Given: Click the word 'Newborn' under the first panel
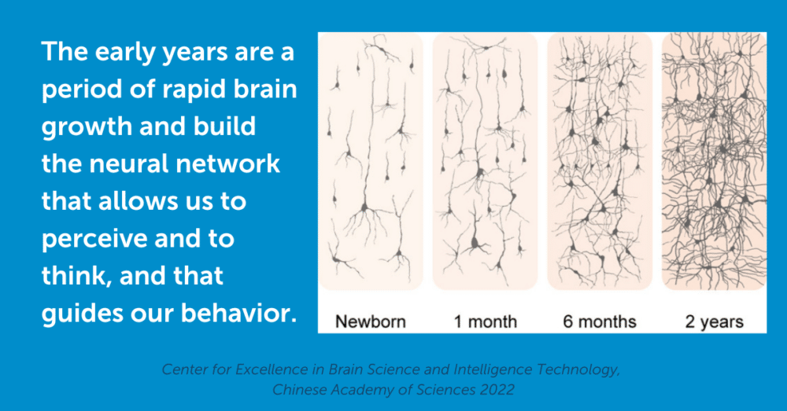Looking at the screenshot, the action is tap(371, 321).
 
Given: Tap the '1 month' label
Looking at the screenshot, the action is tap(486, 321).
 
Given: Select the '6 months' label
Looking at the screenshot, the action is tap(599, 321).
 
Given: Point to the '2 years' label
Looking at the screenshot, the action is tap(715, 321).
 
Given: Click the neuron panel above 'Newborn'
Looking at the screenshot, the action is tap(371, 161).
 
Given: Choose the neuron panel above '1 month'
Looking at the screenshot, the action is tap(486, 161).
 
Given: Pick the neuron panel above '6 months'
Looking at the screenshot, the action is tap(600, 161).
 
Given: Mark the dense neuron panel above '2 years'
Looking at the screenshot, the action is tap(715, 161).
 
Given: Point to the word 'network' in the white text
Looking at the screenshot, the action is tap(228, 164).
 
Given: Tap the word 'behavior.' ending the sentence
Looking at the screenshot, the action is tap(239, 314).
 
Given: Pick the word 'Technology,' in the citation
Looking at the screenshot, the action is tap(578, 370).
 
